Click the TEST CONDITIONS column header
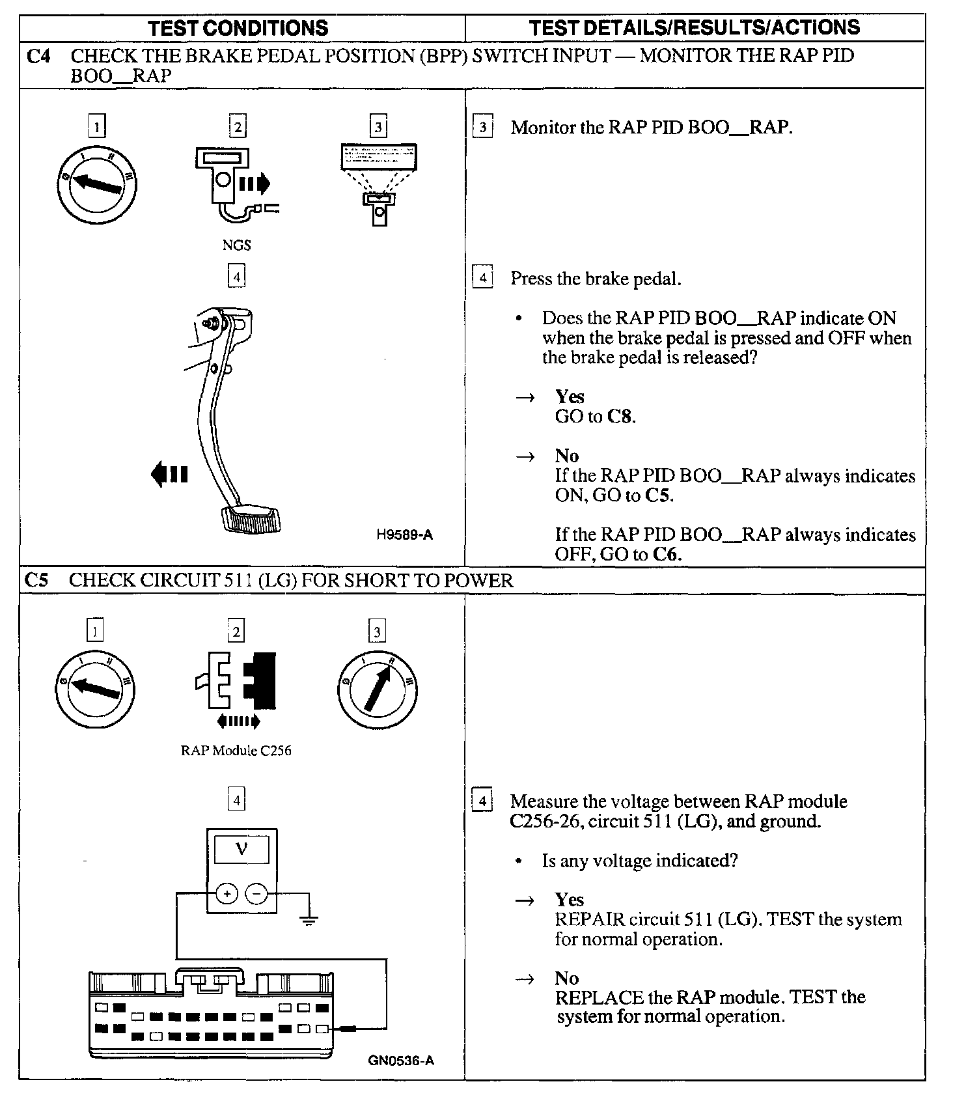click(x=238, y=28)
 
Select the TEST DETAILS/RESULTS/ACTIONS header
click(x=694, y=27)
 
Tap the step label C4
click(x=38, y=57)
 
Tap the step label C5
click(x=36, y=580)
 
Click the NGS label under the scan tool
click(x=236, y=245)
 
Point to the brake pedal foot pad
click(x=252, y=520)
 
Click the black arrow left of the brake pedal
click(x=169, y=474)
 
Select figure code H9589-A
click(x=404, y=535)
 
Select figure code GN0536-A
click(x=401, y=1061)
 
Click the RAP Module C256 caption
click(x=236, y=751)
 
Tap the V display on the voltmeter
click(x=241, y=850)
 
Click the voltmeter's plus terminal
click(x=227, y=895)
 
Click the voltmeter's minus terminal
click(x=256, y=895)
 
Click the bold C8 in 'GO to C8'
click(x=619, y=417)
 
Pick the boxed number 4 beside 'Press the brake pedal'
click(x=482, y=279)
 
